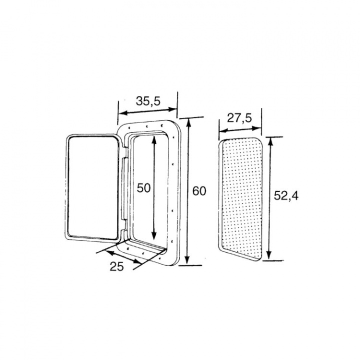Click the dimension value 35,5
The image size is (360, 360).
148,101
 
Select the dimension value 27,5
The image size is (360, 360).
239,118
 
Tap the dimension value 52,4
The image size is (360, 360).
286,196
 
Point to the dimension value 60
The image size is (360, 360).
199,191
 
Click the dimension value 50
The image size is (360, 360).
143,188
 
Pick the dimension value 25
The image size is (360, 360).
116,266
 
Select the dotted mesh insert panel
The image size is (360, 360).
241,199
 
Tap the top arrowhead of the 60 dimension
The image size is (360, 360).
188,123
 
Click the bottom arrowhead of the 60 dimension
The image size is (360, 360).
187,259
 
